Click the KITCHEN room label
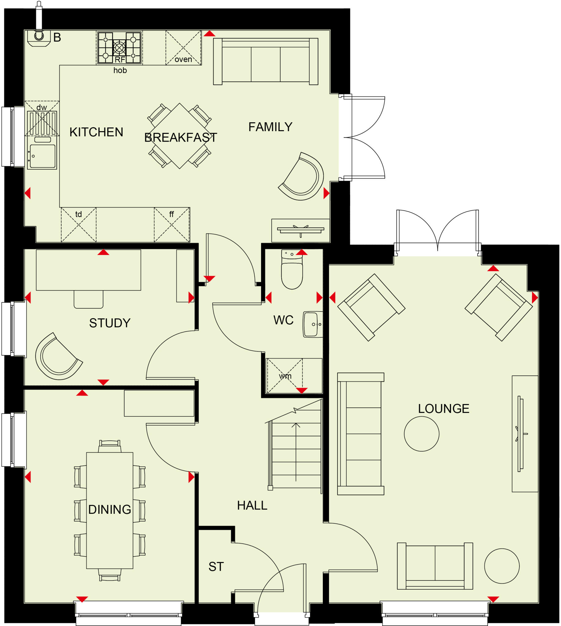point(96,132)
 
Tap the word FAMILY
point(270,127)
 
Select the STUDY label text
point(110,323)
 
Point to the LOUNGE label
point(443,409)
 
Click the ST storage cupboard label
point(216,566)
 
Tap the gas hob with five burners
point(119,47)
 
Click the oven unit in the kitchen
point(183,48)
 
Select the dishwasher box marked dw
point(42,119)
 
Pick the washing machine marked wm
point(285,376)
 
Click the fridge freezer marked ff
point(172,224)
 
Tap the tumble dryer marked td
point(79,224)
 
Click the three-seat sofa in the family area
point(265,62)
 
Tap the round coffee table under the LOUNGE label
point(421,434)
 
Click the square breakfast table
point(180,136)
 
